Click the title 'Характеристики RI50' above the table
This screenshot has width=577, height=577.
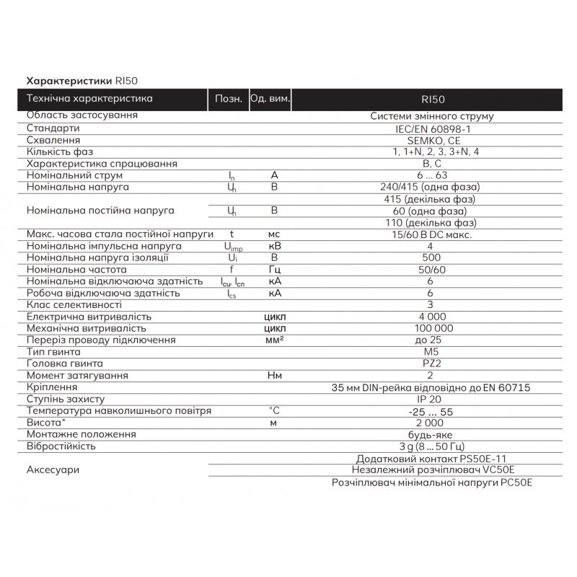(87, 80)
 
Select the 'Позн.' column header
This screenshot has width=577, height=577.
(228, 99)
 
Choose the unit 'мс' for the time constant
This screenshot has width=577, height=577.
(274, 234)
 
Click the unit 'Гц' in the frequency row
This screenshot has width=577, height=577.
(274, 270)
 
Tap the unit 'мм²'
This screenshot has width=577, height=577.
(274, 340)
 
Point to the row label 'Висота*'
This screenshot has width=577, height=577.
(43, 423)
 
